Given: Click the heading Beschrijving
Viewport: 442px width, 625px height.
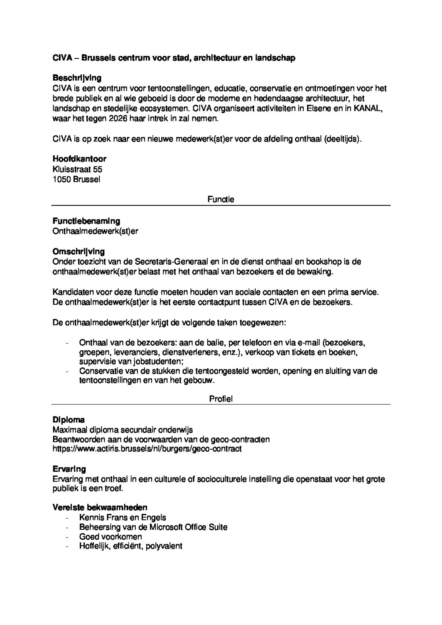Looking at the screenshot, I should click(77, 78).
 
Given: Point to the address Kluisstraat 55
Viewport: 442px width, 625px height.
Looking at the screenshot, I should click(77, 169).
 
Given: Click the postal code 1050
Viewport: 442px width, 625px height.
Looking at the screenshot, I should click(62, 180).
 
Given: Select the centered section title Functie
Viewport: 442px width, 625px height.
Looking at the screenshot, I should click(221, 200).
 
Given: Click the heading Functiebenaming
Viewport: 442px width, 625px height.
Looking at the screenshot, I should click(86, 221).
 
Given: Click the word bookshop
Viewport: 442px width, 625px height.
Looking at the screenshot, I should click(324, 262).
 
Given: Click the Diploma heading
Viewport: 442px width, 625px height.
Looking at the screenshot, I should click(69, 420).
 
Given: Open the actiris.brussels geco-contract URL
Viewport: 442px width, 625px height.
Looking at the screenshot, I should click(147, 449).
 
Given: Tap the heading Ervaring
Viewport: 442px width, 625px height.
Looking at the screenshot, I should click(69, 469).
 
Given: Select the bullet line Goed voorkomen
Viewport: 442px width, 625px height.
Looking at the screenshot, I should click(110, 537).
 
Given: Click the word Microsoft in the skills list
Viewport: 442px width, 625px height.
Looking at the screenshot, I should click(166, 527).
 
